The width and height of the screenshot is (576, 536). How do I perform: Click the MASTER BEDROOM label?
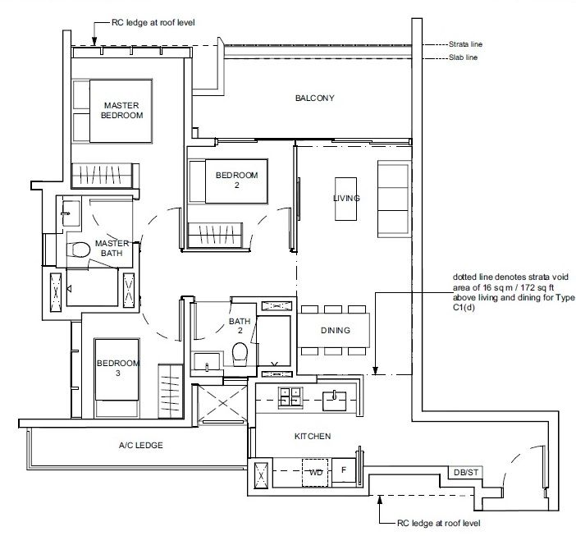coord(121,111)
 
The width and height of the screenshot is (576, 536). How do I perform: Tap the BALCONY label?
coord(315,98)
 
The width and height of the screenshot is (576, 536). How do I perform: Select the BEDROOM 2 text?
coord(236,180)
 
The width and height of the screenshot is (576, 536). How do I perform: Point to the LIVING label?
coord(345,199)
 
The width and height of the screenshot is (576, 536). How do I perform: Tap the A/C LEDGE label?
coord(141,445)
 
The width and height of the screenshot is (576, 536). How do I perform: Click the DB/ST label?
coord(464,472)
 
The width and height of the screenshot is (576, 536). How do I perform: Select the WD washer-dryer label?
coord(314,472)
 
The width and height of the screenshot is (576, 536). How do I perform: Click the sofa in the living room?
coord(391,198)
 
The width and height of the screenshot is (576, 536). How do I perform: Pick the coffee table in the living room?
coord(345,199)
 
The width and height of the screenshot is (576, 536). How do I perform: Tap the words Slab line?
coord(462,57)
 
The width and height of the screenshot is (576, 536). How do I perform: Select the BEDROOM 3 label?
coord(118,368)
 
